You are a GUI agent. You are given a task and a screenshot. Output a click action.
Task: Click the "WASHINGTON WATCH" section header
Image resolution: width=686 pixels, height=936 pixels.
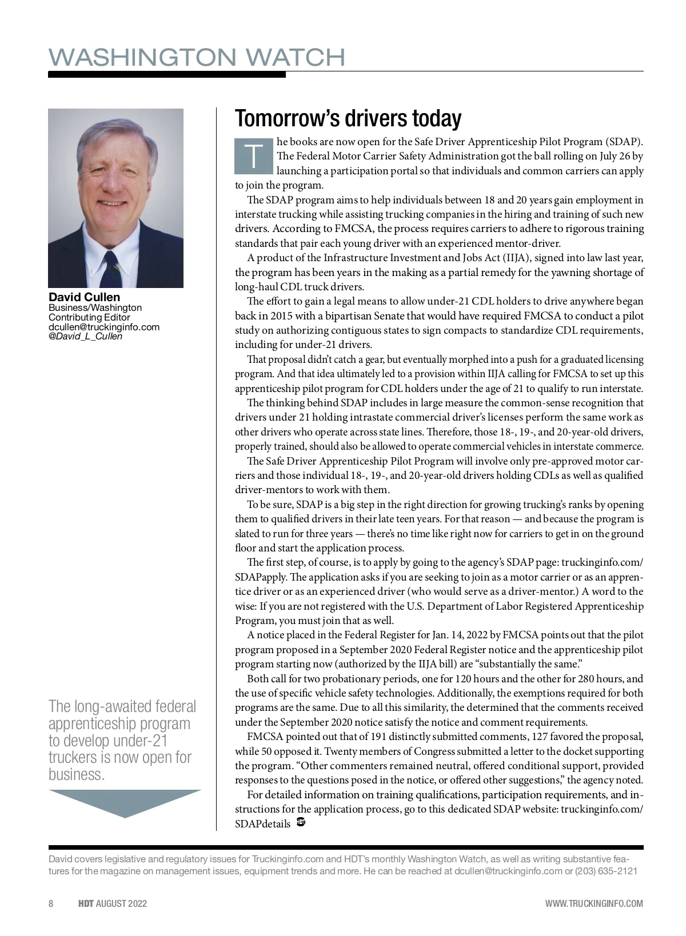tap(197, 57)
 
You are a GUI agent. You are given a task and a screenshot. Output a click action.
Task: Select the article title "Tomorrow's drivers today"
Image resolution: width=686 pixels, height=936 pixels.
tap(348, 118)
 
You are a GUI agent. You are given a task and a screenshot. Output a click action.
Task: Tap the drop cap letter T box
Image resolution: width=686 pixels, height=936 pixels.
tap(253, 155)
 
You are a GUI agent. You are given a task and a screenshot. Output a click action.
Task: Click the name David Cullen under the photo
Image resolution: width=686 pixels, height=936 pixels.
tap(84, 297)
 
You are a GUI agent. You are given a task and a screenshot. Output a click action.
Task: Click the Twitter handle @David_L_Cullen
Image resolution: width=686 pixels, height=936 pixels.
tap(85, 336)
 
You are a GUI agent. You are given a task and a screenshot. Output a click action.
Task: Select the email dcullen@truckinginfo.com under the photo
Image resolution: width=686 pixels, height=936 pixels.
tap(103, 327)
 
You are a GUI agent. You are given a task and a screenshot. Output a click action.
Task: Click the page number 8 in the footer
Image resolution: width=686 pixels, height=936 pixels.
tap(51, 903)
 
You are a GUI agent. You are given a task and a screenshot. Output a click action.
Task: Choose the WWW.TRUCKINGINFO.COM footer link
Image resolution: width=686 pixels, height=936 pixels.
tap(594, 903)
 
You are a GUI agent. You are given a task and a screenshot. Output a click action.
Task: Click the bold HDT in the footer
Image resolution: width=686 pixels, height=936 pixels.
tap(86, 903)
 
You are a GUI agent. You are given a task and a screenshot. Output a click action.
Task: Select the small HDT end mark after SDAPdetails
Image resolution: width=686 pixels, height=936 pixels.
tap(301, 823)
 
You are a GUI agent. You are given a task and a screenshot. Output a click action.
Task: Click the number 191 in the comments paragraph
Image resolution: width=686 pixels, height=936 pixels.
tap(381, 737)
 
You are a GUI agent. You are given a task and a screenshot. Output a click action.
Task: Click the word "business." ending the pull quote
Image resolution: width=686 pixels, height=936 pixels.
tap(77, 775)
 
